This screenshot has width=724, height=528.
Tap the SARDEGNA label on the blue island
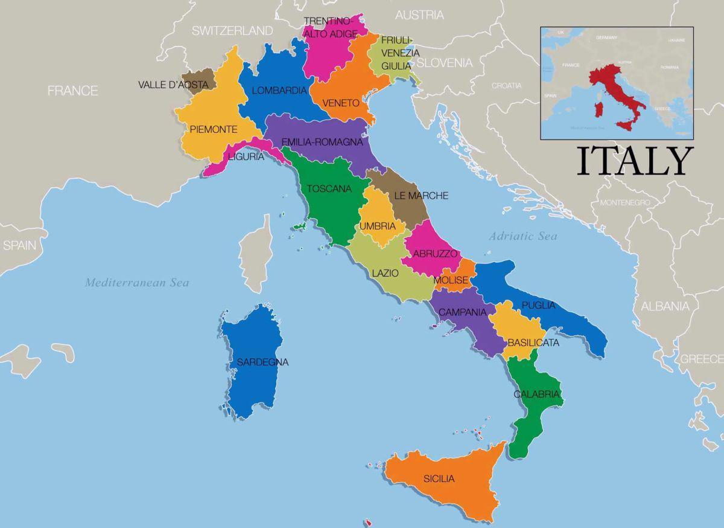[262, 362]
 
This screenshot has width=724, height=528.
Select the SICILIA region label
[439, 478]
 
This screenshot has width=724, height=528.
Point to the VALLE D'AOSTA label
[173, 85]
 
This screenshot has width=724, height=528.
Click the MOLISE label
[450, 280]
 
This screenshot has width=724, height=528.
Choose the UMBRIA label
[378, 227]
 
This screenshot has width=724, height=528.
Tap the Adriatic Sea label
[522, 236]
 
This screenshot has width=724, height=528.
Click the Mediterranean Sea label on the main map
[137, 282]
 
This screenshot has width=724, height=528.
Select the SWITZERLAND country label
[232, 31]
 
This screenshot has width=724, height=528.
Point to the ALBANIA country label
[665, 306]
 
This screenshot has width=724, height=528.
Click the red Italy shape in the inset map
[609, 85]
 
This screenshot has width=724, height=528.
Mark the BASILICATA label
[533, 343]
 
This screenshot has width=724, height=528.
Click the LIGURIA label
[246, 156]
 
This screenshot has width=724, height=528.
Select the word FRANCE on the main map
[73, 91]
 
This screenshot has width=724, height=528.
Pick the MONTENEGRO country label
[624, 202]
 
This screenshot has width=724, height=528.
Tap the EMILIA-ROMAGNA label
[322, 143]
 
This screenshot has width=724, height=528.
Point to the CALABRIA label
[537, 394]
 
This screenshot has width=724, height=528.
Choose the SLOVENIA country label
[444, 63]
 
